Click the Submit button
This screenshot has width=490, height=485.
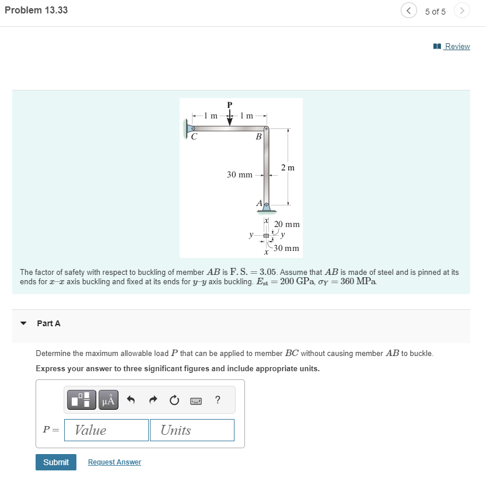pyautogui.click(x=56, y=462)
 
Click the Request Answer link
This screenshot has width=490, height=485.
pyautogui.click(x=114, y=462)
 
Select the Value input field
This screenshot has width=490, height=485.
pyautogui.click(x=106, y=430)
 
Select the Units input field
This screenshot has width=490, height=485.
pyautogui.click(x=192, y=430)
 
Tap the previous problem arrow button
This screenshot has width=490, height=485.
pyautogui.click(x=408, y=11)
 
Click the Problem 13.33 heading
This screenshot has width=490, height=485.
pyautogui.click(x=36, y=10)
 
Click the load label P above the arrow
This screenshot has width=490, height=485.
pyautogui.click(x=229, y=104)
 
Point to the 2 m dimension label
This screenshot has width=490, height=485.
pyautogui.click(x=288, y=168)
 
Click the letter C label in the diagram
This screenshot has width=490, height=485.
pyautogui.click(x=194, y=137)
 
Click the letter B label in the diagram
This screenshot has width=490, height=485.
pyautogui.click(x=258, y=137)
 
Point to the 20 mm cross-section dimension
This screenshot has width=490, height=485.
pyautogui.click(x=287, y=224)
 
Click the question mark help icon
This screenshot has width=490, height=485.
pyautogui.click(x=218, y=400)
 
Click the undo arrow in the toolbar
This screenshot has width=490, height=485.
pyautogui.click(x=131, y=400)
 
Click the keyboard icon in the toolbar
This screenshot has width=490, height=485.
pyautogui.click(x=196, y=400)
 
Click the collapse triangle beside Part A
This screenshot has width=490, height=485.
pyautogui.click(x=23, y=323)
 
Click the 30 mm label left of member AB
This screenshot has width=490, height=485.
pyautogui.click(x=240, y=175)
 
